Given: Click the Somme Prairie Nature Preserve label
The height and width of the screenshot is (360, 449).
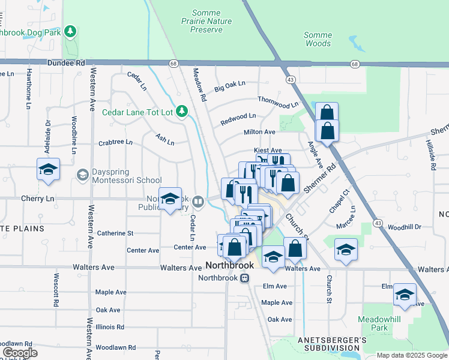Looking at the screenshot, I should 206,21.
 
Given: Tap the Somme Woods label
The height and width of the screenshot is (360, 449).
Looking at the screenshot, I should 318,39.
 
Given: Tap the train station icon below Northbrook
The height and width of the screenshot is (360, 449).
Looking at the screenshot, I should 244,278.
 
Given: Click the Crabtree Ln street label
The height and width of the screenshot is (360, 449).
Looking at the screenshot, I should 115,143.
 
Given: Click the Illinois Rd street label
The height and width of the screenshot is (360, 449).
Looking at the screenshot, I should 109,327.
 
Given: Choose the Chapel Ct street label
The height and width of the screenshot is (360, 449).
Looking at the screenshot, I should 339,201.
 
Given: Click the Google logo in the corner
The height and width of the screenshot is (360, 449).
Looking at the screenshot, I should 20,353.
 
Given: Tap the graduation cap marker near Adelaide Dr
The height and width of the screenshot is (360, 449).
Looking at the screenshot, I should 48,170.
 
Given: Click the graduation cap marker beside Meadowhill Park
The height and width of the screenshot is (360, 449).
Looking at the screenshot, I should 405,295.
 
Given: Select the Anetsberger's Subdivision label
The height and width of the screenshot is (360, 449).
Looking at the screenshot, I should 332,344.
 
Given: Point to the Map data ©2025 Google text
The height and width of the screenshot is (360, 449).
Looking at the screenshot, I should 411,355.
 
